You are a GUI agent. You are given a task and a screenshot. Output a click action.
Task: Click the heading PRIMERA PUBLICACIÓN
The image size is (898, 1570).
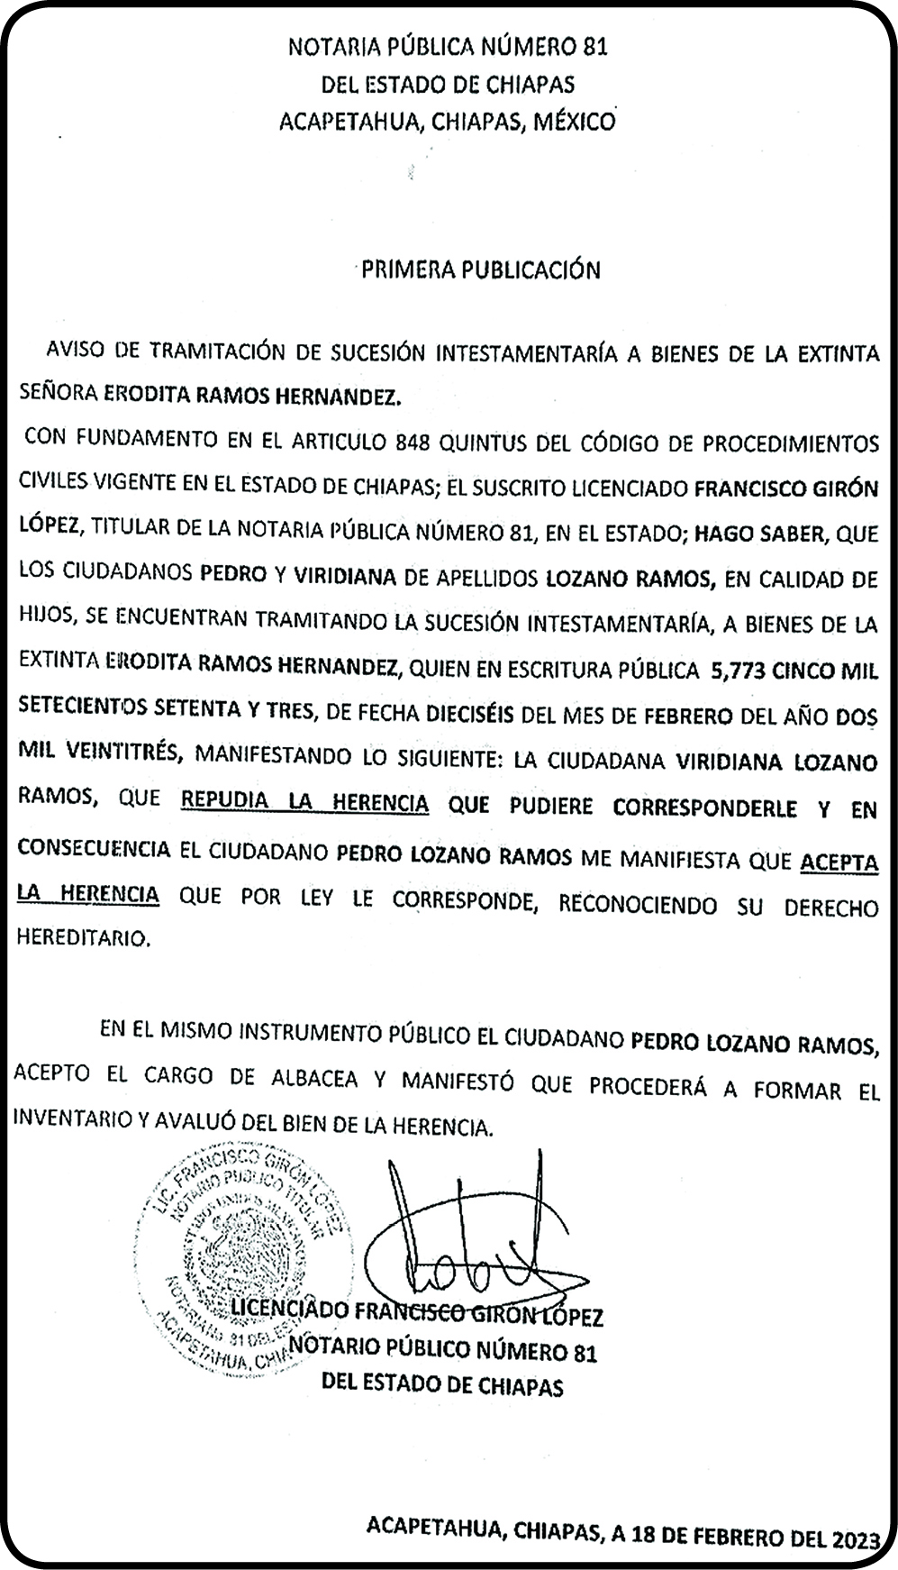(480, 269)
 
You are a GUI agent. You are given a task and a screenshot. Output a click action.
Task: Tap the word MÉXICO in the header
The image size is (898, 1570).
(575, 122)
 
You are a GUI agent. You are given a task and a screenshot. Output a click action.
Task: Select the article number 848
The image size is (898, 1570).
(412, 441)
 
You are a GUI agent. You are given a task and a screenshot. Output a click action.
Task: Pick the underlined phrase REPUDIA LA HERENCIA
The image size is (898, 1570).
(304, 801)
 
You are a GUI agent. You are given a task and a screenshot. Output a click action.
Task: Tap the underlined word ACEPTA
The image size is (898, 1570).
(839, 862)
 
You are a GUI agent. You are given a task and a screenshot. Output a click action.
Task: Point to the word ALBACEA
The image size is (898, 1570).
(314, 1078)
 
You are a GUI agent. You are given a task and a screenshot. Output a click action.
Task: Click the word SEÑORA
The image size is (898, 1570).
(57, 394)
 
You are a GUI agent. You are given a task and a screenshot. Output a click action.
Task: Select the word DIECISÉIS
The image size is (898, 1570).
(464, 714)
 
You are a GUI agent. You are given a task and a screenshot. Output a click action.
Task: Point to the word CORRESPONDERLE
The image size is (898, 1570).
(704, 808)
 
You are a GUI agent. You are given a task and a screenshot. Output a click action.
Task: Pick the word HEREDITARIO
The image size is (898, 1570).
(82, 938)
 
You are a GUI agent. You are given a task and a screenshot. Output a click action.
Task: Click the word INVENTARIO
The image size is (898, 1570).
(70, 1120)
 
